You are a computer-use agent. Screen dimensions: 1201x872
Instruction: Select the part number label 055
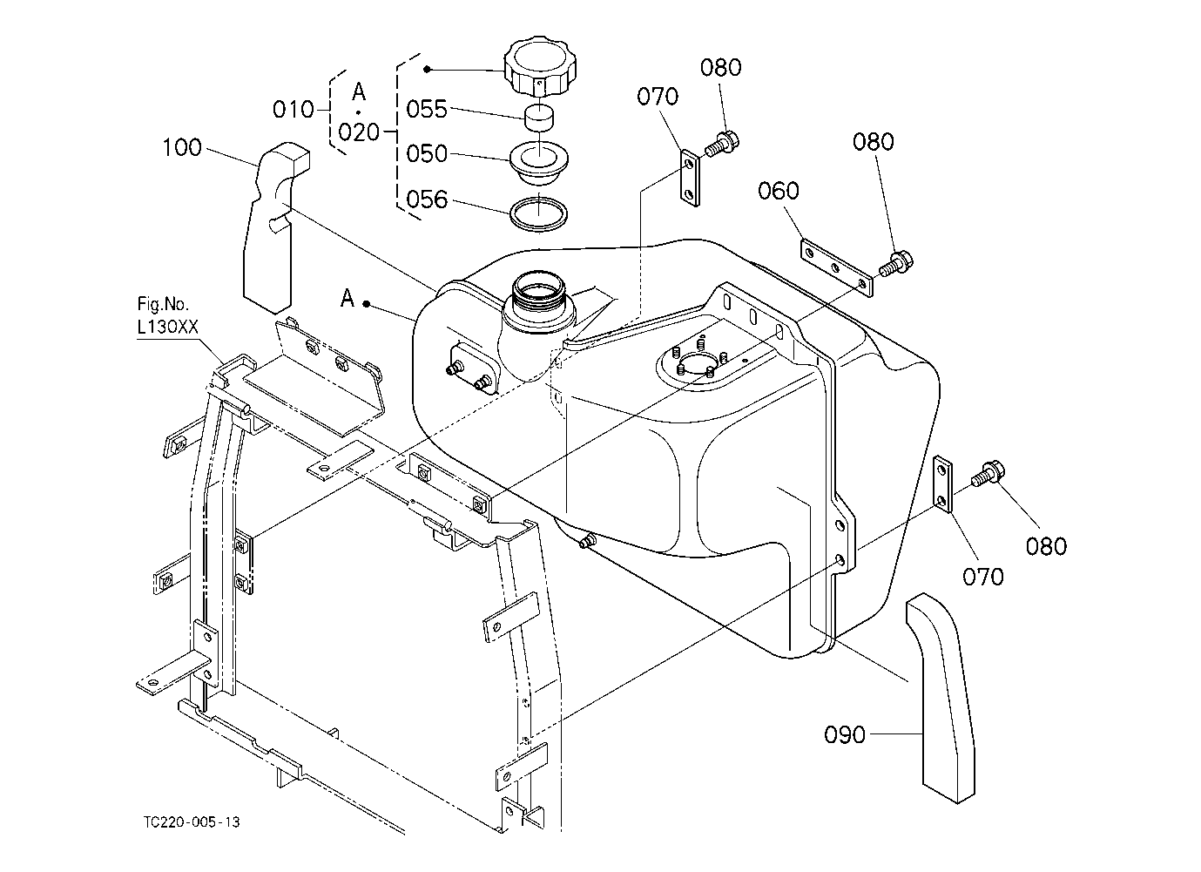tap(426, 109)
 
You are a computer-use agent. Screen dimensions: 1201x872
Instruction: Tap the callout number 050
tap(426, 153)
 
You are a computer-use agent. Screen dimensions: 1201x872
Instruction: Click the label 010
tap(294, 110)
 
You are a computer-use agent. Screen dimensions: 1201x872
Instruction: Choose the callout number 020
tap(359, 132)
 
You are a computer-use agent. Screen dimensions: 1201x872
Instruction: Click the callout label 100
tap(182, 147)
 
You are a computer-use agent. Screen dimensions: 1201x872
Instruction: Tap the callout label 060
tap(778, 191)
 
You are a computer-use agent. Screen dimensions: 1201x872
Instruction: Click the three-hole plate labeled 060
tap(836, 268)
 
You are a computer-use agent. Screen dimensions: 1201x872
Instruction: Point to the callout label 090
tap(845, 734)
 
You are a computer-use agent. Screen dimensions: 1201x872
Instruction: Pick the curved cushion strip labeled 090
tap(941, 698)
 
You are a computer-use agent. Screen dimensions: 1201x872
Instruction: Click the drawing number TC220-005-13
tap(192, 822)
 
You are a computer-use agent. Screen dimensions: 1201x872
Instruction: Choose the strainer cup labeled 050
tap(538, 164)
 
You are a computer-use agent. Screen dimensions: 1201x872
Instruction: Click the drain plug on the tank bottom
tap(587, 541)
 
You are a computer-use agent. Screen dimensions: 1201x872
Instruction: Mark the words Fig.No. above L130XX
tap(163, 305)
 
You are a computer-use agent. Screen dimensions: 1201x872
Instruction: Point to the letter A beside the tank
tap(347, 298)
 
